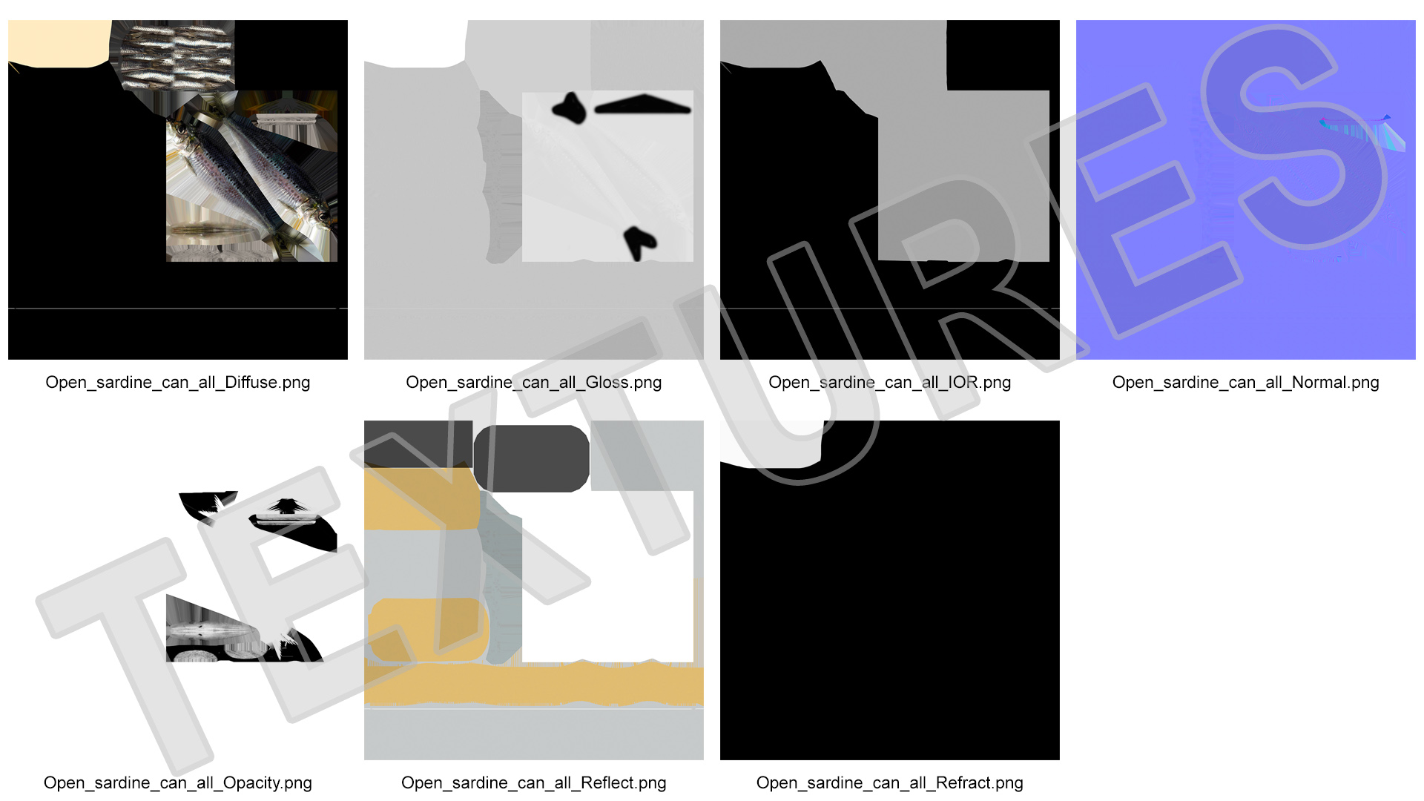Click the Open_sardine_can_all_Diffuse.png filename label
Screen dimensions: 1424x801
coord(178,383)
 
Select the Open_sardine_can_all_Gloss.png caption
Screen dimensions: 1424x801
coord(534,383)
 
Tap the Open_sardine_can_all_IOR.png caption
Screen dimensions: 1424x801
coord(890,383)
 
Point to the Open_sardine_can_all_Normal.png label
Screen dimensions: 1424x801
coord(1246,383)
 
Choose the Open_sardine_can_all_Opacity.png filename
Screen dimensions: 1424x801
coord(178,783)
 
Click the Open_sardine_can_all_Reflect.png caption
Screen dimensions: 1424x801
coord(534,783)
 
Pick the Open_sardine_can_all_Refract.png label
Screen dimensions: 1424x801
coord(890,783)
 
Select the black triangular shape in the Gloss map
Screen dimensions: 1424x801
coord(642,105)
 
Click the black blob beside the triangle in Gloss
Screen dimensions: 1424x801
coord(570,108)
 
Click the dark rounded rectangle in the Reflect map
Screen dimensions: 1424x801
coord(531,458)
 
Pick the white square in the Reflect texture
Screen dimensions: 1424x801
coord(608,576)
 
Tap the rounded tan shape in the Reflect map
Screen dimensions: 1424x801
coord(428,630)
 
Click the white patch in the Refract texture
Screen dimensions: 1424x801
coord(771,444)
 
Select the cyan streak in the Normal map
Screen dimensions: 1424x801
coord(1363,133)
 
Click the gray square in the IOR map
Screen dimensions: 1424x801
coord(963,176)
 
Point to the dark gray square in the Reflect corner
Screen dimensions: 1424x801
coord(418,444)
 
